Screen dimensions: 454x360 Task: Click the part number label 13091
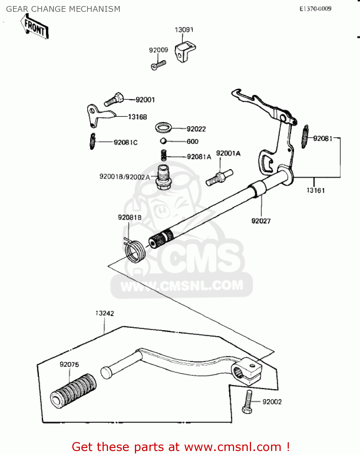[184, 30]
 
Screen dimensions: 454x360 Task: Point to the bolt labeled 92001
[114, 99]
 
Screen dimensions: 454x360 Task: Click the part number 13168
[137, 117]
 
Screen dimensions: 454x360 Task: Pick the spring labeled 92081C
[93, 141]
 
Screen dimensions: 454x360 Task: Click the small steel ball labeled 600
[163, 141]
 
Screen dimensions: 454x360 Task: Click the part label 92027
[261, 221]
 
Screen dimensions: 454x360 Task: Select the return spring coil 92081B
[135, 251]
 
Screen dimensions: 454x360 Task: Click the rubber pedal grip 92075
[74, 391]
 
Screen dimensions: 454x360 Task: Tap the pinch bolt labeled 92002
[248, 402]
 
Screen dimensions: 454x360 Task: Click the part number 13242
[105, 313]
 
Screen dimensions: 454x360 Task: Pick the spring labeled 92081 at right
[305, 137]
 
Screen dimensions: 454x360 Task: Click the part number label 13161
[316, 190]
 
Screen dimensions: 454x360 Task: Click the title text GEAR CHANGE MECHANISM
[63, 9]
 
